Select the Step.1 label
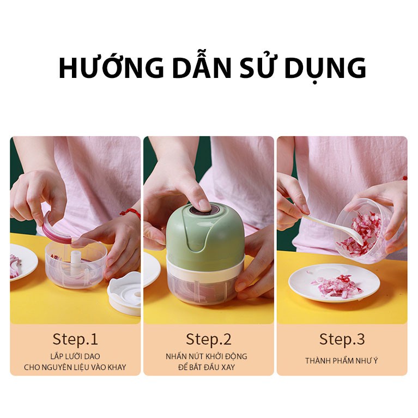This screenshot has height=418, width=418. (x=75, y=339)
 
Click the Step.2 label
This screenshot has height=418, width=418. (x=209, y=339)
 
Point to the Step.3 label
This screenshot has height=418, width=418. (x=342, y=339)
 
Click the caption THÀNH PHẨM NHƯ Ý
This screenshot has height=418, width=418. (x=342, y=361)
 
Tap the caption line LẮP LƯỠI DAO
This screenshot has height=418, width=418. (x=75, y=356)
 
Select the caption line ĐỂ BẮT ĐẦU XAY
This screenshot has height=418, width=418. (x=207, y=367)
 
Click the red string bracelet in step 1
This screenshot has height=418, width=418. (x=131, y=213)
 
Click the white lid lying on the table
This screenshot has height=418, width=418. (x=124, y=293)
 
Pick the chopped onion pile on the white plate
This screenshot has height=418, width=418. (x=336, y=287)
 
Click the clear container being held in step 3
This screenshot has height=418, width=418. (x=362, y=231)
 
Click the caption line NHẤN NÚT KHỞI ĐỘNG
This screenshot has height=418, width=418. (x=207, y=356)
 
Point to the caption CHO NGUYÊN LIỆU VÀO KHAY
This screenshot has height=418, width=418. (x=75, y=367)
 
